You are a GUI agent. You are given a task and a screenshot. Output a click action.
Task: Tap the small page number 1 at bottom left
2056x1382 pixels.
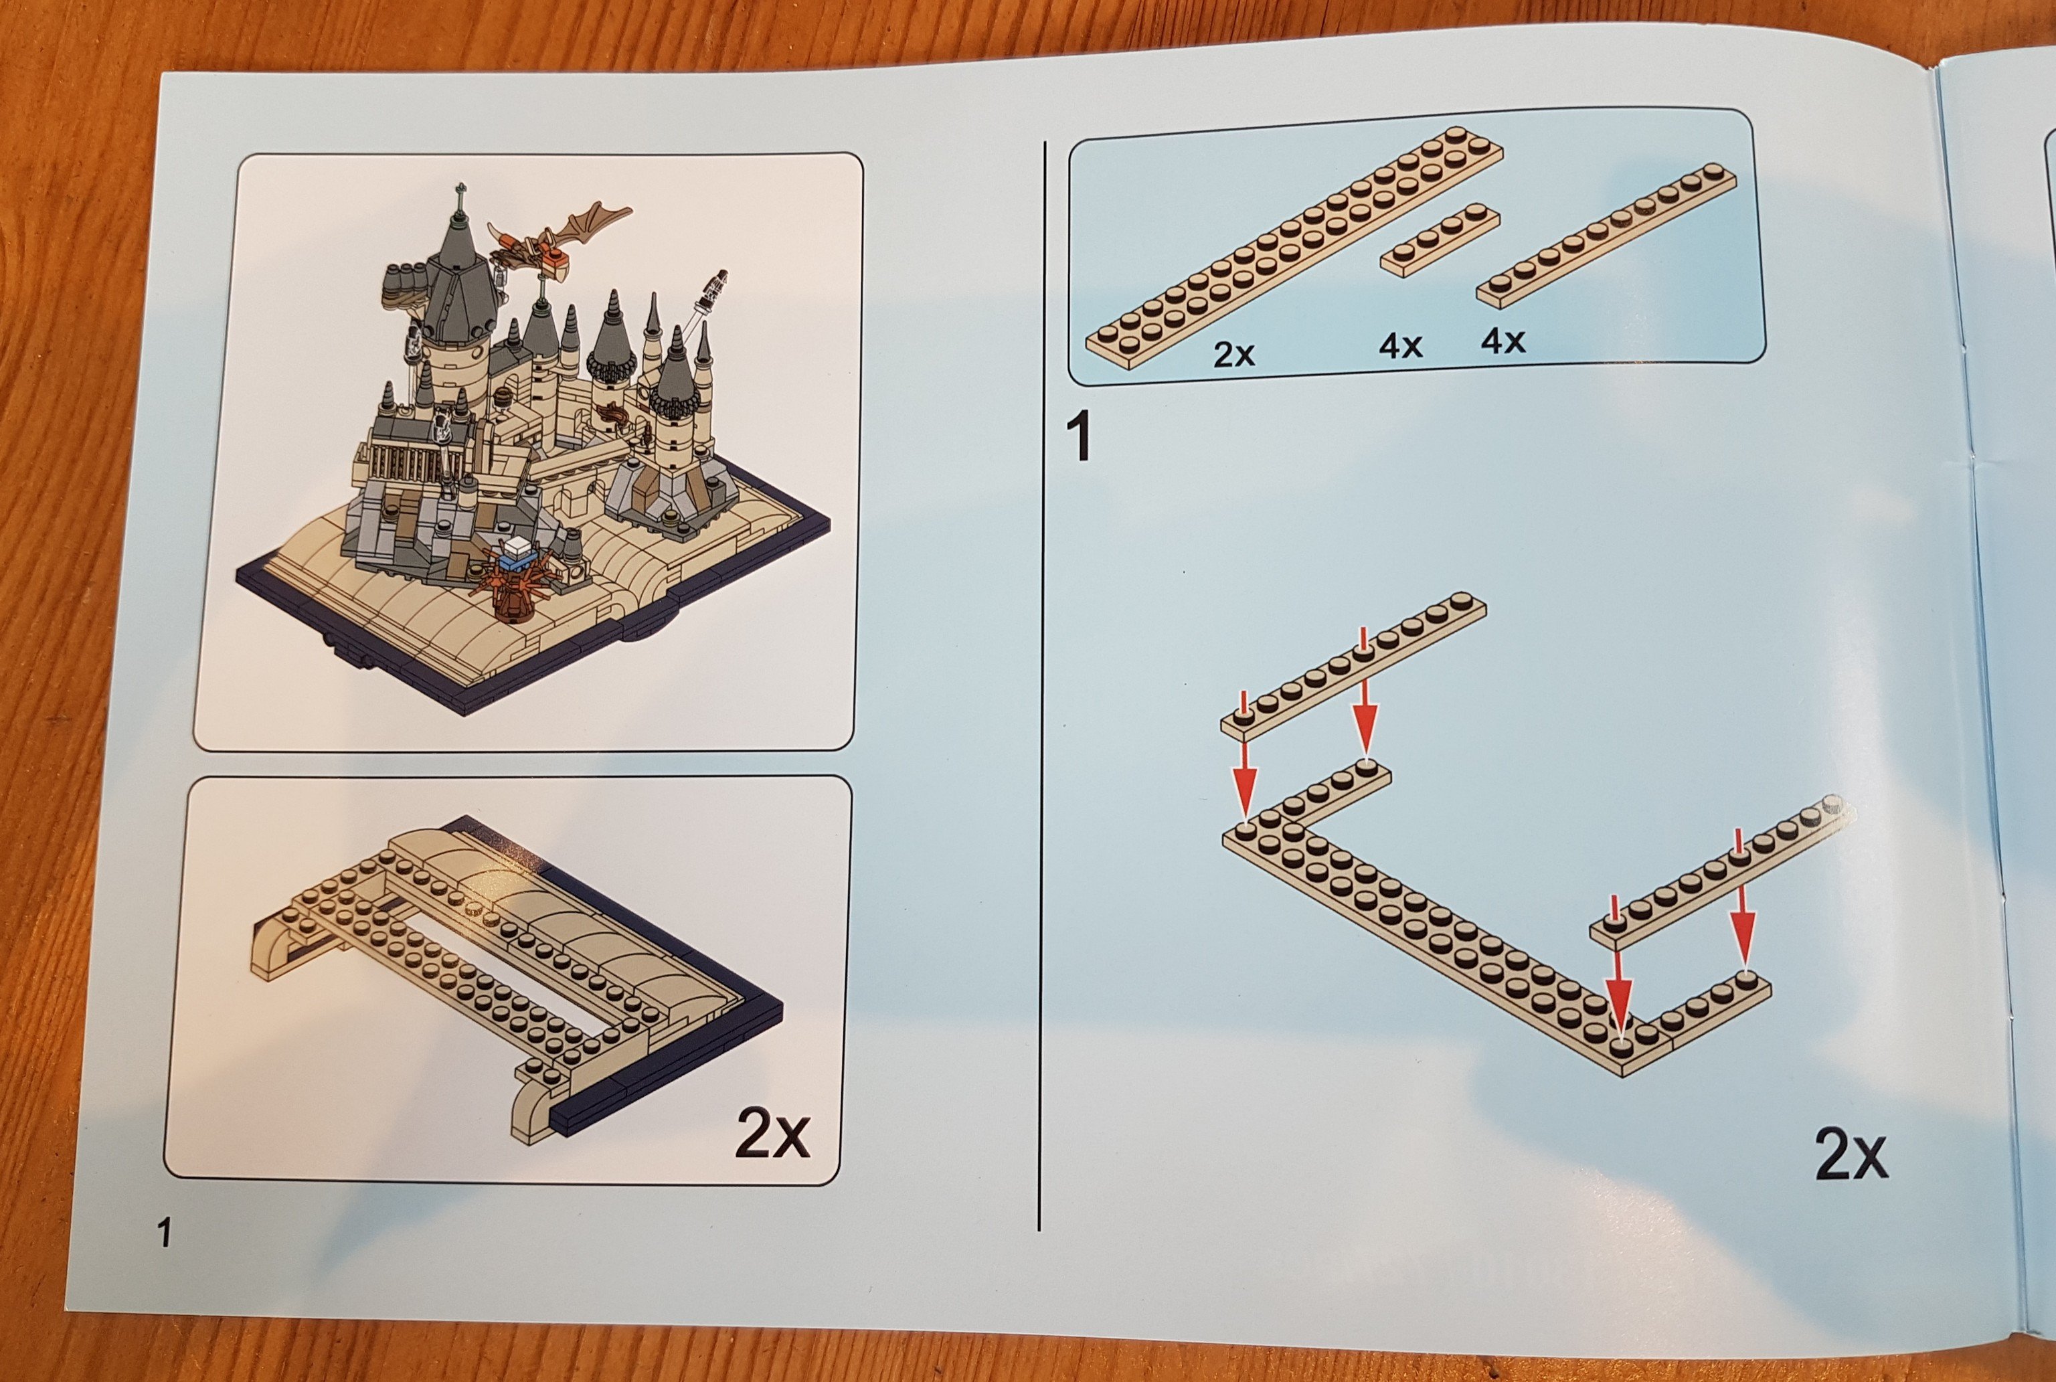163,1232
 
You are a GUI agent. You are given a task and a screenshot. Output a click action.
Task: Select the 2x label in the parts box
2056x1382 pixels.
1233,353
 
